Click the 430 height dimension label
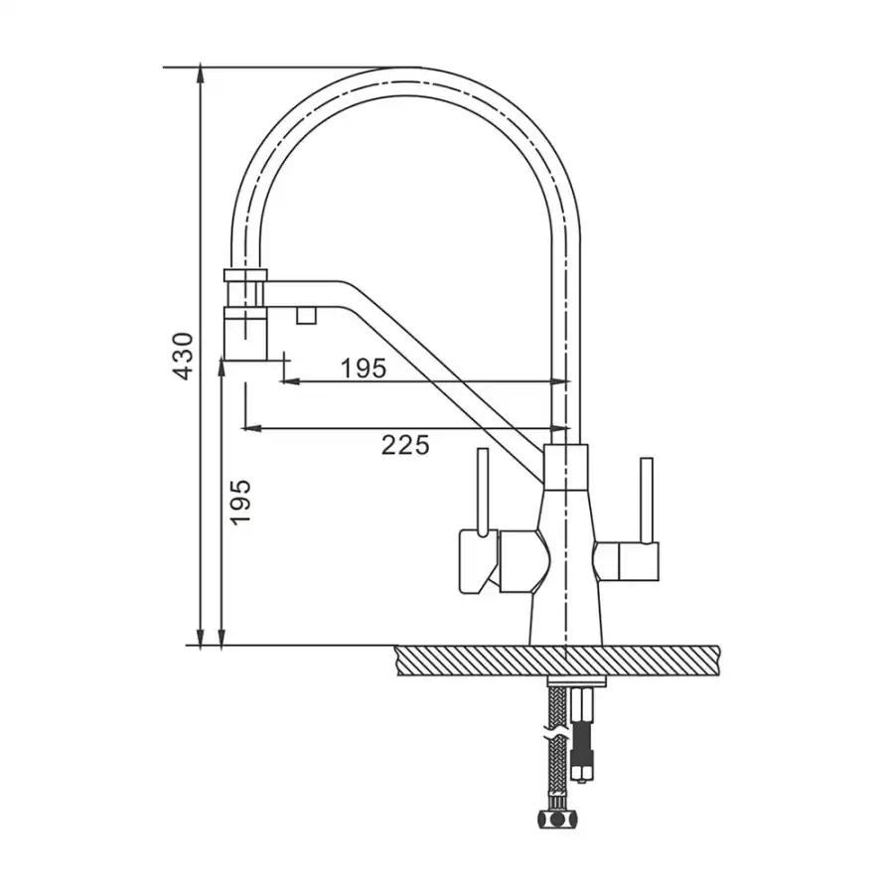click(x=184, y=357)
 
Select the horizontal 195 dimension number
click(x=364, y=369)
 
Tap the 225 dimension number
click(x=405, y=445)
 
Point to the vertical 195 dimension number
click(x=240, y=502)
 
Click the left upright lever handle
click(x=483, y=492)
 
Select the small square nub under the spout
click(x=306, y=314)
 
